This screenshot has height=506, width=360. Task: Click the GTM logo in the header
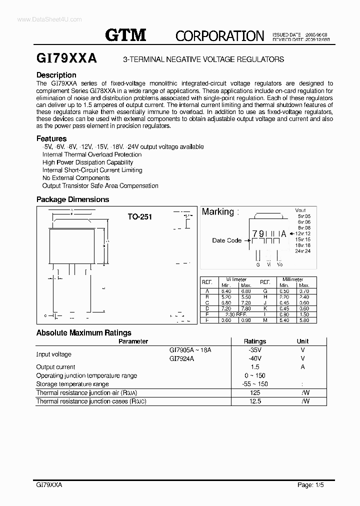click(125, 34)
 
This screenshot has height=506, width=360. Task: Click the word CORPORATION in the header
click(219, 35)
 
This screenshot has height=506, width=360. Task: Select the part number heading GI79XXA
click(66, 58)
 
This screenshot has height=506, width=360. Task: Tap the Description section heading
click(56, 75)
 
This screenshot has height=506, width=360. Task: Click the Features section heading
click(51, 138)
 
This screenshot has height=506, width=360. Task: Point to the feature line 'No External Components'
click(76, 178)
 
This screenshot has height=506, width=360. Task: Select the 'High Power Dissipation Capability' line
click(87, 162)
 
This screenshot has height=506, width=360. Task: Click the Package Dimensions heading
click(72, 199)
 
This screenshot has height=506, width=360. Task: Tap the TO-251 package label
click(139, 217)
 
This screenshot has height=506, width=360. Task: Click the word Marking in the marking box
click(217, 212)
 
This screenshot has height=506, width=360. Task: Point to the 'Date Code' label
click(226, 240)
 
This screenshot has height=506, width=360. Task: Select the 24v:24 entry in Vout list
click(303, 251)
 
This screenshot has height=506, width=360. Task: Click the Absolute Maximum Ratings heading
click(84, 332)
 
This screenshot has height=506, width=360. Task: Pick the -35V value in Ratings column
click(255, 350)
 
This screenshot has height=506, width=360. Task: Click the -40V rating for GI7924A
click(255, 358)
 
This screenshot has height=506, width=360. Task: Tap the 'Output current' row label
click(55, 367)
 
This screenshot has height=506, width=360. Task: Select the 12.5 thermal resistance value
click(255, 401)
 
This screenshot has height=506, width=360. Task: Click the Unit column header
click(302, 341)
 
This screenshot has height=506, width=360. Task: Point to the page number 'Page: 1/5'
click(311, 485)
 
